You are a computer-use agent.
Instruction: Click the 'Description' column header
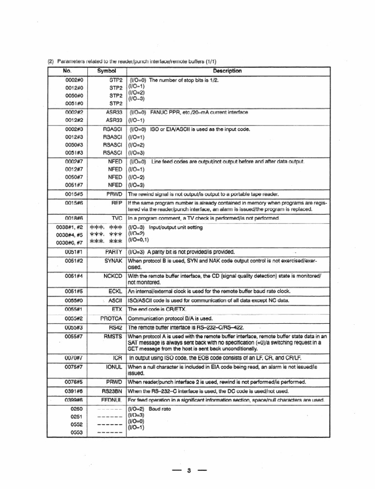pyautogui.click(x=227, y=71)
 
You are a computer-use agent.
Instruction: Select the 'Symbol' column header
pyautogui.click(x=106, y=71)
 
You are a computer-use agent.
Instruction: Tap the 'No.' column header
pyautogui.click(x=67, y=71)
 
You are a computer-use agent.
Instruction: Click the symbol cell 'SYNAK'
pyautogui.click(x=113, y=261)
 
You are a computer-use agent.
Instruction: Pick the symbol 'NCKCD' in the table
pyautogui.click(x=112, y=276)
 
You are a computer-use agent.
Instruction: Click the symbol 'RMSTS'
pyautogui.click(x=112, y=336)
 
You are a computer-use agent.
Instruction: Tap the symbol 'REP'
pyautogui.click(x=116, y=202)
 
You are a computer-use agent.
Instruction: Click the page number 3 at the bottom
pyautogui.click(x=188, y=471)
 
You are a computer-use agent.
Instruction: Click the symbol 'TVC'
pyautogui.click(x=116, y=218)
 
